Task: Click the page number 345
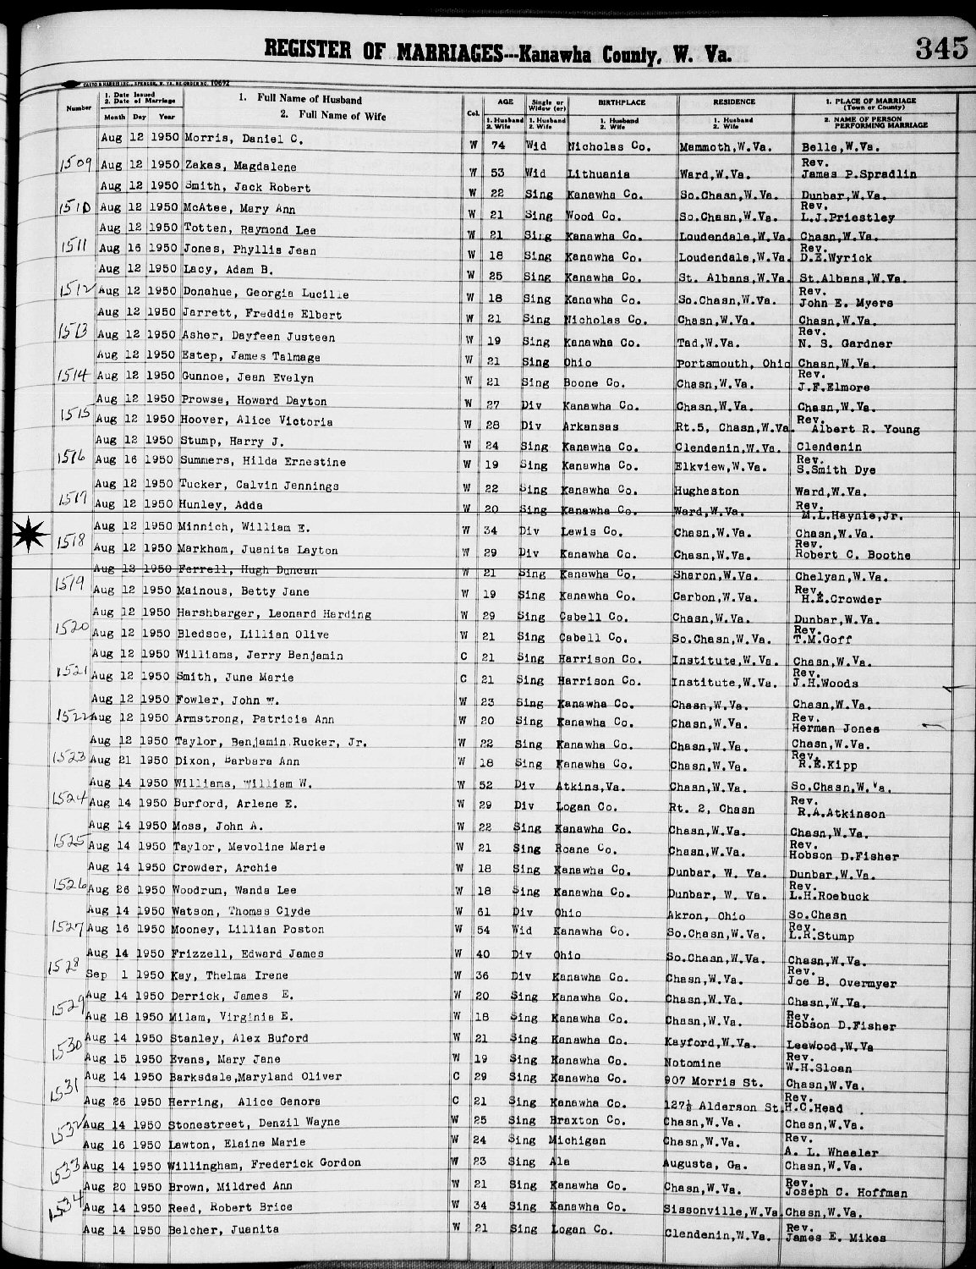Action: click(x=940, y=48)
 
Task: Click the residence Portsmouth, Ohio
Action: click(x=734, y=363)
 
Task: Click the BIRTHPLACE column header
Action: click(x=622, y=102)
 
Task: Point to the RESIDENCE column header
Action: click(x=733, y=102)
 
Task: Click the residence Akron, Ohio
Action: click(x=706, y=915)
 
